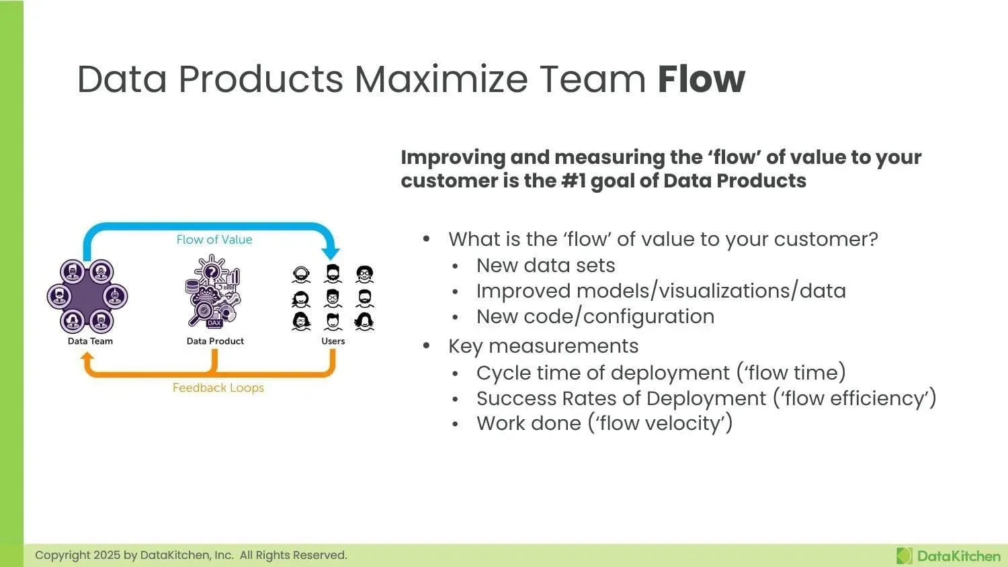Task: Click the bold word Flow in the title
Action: pos(701,79)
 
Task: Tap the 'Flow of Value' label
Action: pos(214,240)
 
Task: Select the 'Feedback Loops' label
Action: pos(218,388)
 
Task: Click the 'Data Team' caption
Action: pos(90,341)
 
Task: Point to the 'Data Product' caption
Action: pos(215,341)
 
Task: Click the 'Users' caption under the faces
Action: pos(333,341)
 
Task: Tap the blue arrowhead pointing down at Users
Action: pos(331,253)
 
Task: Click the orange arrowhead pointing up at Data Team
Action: pos(87,357)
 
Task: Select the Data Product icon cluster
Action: pos(213,292)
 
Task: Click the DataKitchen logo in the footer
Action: pos(948,556)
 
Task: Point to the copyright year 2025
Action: pos(106,556)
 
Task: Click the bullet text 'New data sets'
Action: pos(546,265)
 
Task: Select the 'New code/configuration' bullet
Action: pos(595,316)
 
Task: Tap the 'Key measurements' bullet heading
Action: pos(543,346)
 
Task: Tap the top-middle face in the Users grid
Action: pos(333,273)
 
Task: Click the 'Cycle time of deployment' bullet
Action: pos(602,373)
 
